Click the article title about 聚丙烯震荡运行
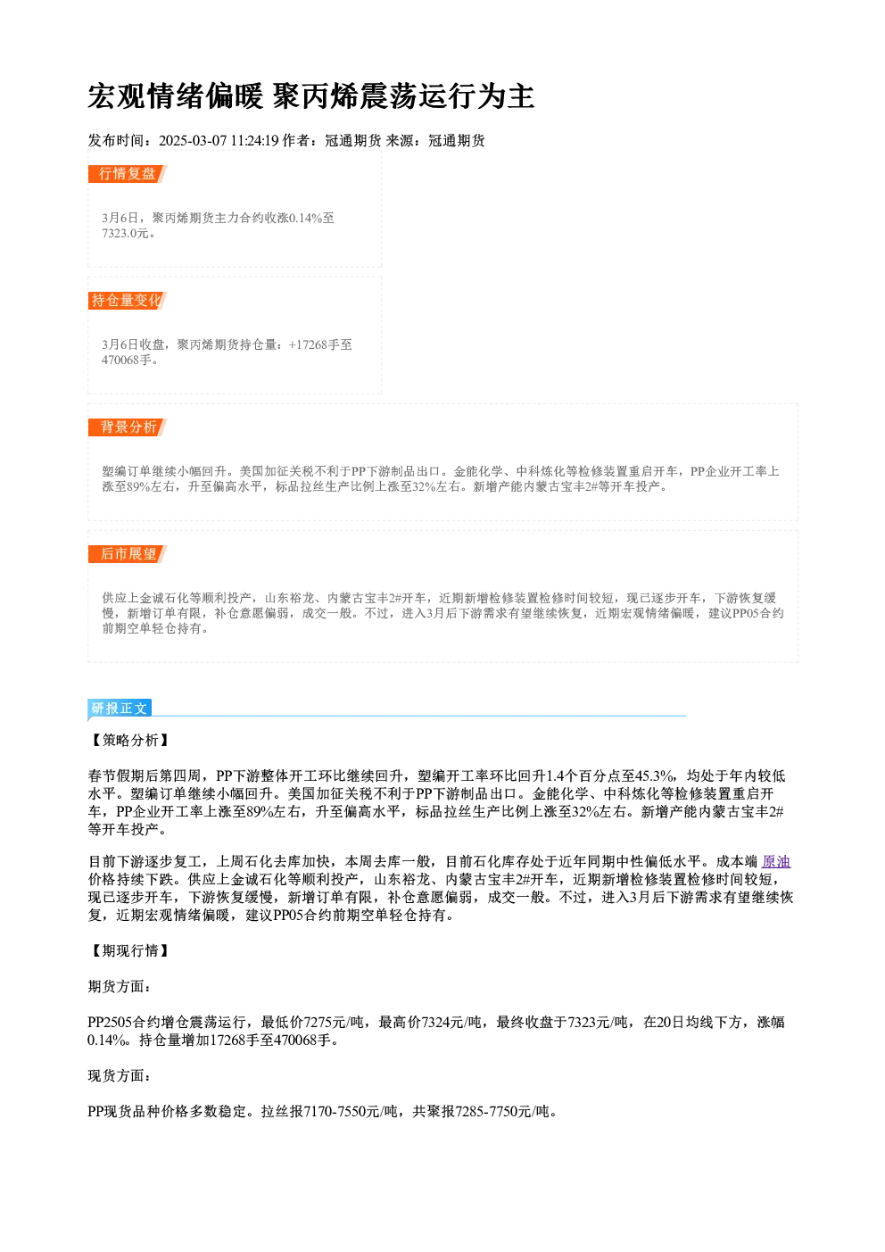click(311, 96)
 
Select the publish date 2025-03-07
click(193, 141)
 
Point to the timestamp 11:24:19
click(255, 141)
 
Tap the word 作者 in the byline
click(296, 141)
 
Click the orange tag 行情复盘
click(128, 174)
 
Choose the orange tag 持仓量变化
click(128, 301)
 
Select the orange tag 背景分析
click(128, 427)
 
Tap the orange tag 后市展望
click(128, 554)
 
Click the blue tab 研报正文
click(120, 709)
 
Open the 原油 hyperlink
click(776, 862)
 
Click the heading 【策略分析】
click(129, 741)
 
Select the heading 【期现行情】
click(129, 950)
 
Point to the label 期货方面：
click(120, 986)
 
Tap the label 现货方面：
click(120, 1076)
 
